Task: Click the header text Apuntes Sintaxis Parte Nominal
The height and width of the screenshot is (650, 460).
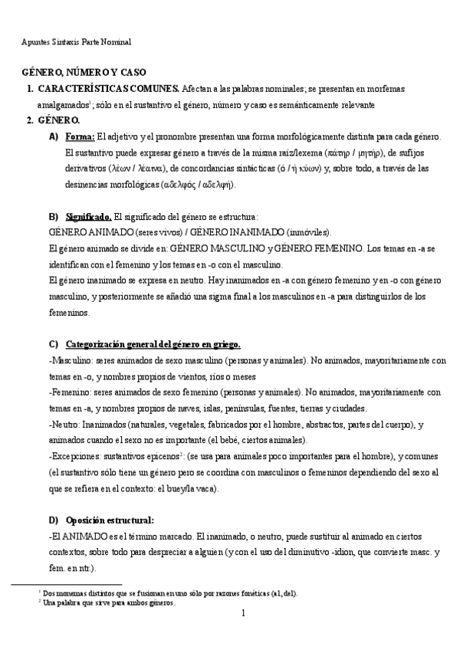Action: [x=76, y=41]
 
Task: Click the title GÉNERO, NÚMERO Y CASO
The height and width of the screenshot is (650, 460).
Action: [x=85, y=72]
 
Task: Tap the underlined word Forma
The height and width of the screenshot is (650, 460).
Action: [x=80, y=136]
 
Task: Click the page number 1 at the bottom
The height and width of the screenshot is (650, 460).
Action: [x=242, y=614]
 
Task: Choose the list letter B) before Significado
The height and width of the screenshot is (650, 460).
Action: [x=54, y=217]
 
